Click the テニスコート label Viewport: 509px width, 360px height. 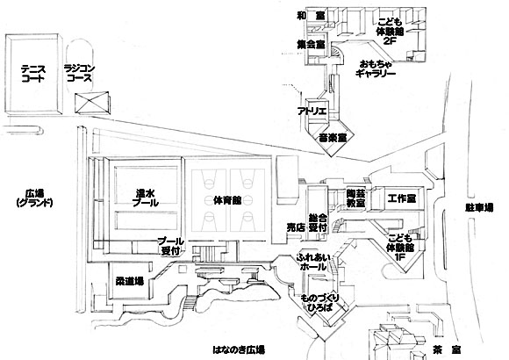[x=33, y=74]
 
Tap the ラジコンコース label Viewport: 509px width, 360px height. [x=79, y=73]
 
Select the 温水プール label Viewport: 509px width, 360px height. [x=145, y=198]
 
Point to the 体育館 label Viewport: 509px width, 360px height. [x=227, y=200]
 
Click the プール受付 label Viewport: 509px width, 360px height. [x=171, y=246]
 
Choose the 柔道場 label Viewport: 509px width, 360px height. [x=130, y=281]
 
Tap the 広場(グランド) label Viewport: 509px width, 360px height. [x=34, y=198]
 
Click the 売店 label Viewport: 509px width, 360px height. [x=296, y=227]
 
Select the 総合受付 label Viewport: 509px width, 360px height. [x=318, y=223]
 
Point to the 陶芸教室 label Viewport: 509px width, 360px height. [x=355, y=198]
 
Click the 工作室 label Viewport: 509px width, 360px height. [x=402, y=198]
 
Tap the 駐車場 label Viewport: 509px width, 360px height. [x=479, y=207]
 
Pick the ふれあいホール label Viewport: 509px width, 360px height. [x=313, y=263]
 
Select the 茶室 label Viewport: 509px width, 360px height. [x=447, y=350]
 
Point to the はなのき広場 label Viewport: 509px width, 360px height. [x=239, y=350]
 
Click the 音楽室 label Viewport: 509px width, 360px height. [x=333, y=138]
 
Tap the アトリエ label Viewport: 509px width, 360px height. [x=312, y=112]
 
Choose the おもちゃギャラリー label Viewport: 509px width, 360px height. [x=376, y=68]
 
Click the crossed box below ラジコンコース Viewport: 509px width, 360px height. [x=92, y=103]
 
